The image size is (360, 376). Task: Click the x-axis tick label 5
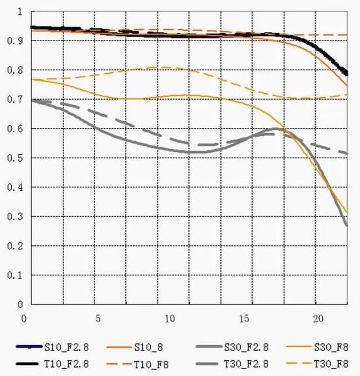pyautogui.click(x=98, y=318)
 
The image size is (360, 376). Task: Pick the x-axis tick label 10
pyautogui.click(x=170, y=318)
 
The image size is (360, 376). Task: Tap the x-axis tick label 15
pyautogui.click(x=244, y=318)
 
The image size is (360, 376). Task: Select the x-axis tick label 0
pyautogui.click(x=24, y=318)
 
